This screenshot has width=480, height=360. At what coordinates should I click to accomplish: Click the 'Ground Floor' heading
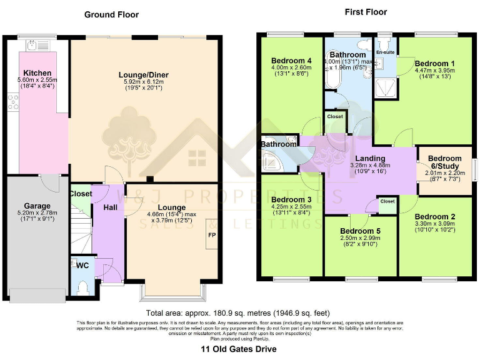click(x=111, y=14)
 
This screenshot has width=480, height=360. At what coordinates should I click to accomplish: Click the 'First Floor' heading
click(x=365, y=12)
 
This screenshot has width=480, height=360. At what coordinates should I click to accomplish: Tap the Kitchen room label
click(x=37, y=73)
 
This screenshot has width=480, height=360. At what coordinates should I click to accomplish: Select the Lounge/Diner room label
click(x=144, y=75)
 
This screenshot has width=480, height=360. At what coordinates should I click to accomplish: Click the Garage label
click(x=37, y=206)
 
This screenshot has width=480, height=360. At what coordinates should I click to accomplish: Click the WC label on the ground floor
click(x=81, y=265)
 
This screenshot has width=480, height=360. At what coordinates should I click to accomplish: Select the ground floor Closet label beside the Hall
click(x=80, y=194)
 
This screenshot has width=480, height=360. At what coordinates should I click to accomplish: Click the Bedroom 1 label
click(x=435, y=64)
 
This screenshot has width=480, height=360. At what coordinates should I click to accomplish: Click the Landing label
click(x=370, y=158)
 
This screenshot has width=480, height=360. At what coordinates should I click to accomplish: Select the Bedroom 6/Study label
click(x=444, y=162)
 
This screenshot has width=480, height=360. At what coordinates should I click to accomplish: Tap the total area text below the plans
click(x=237, y=312)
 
